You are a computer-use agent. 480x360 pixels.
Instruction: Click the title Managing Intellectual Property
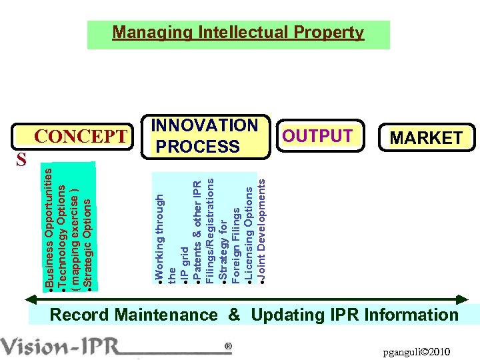pos(238,33)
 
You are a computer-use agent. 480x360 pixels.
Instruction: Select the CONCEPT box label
pos(80,137)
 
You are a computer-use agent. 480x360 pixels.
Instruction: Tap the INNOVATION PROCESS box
pos(205,136)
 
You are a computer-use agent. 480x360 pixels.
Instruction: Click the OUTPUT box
pos(317,136)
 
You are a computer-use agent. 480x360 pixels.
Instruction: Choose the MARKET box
pos(426,138)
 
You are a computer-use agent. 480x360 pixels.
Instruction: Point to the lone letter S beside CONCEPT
pos(22,159)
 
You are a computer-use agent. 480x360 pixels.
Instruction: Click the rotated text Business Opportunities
pos(49,227)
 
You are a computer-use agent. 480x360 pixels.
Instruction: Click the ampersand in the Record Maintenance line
pos(234,315)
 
